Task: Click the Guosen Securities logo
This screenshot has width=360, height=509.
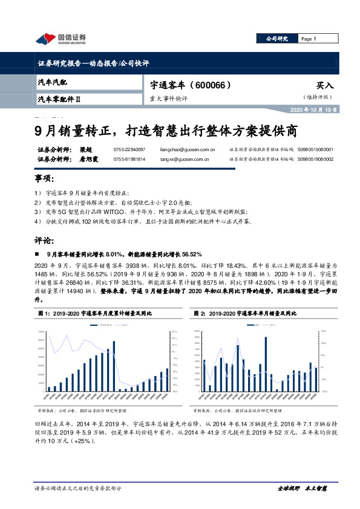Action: [x=61, y=39]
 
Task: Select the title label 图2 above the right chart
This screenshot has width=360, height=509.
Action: [x=200, y=314]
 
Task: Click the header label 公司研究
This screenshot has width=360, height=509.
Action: [x=277, y=39]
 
